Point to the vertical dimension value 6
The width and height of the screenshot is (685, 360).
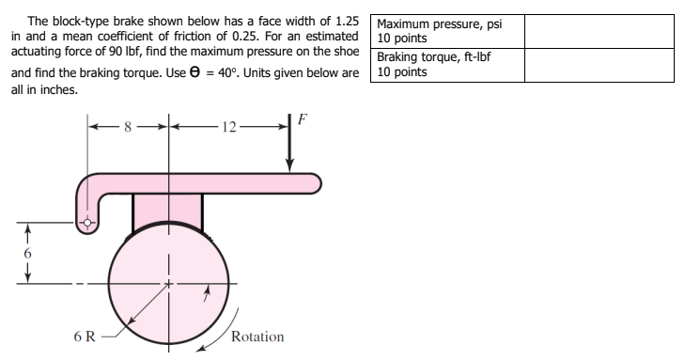tap(28, 254)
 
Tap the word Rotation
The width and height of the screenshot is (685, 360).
tap(257, 337)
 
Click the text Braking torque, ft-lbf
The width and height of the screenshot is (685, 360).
tap(434, 57)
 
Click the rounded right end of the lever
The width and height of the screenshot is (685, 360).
tap(316, 180)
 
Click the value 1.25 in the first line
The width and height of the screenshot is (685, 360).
tap(345, 20)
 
